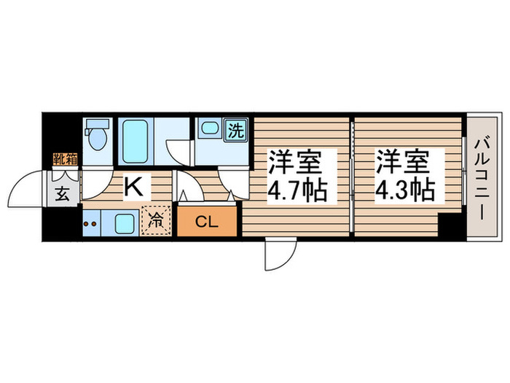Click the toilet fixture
96,137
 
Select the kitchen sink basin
123,222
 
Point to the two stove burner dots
93,223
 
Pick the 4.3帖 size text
405,191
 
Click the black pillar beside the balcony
453,228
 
